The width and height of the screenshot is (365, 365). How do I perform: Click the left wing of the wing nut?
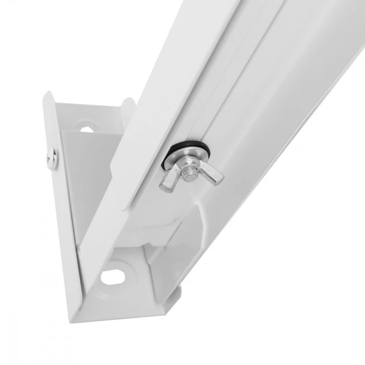point(168,181)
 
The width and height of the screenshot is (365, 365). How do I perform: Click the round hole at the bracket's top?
point(86,126)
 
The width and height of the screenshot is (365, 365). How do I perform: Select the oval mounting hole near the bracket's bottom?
point(112,276)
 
